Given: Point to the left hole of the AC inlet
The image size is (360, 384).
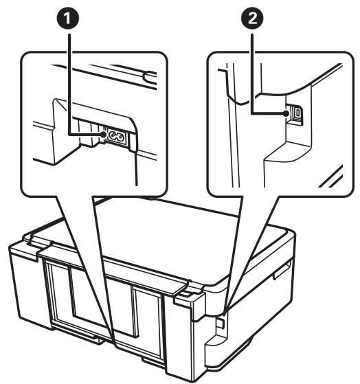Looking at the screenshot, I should click(105, 137).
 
